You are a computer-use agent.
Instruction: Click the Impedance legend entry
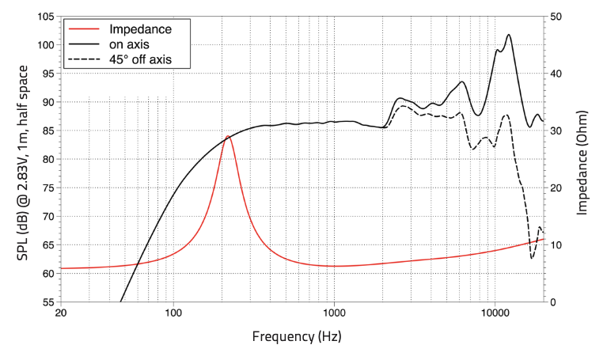(x=140, y=29)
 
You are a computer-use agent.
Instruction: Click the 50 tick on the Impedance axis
(x=556, y=17)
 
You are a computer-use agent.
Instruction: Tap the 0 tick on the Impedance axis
(x=553, y=302)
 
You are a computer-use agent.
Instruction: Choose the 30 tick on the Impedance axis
(x=556, y=131)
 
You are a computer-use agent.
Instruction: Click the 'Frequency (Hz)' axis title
(x=297, y=336)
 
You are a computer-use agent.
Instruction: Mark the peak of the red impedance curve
(x=228, y=136)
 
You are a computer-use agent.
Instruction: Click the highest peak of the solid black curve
(x=508, y=35)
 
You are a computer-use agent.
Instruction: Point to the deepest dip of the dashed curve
(x=533, y=258)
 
